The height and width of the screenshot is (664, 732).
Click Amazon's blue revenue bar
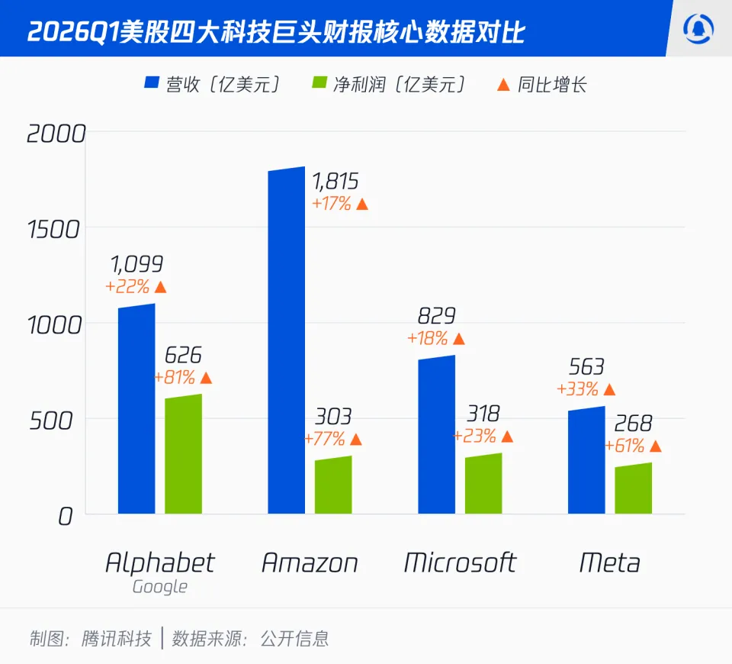click(287, 340)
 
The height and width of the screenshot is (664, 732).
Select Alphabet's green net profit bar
click(184, 455)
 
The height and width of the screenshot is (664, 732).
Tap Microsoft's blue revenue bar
click(437, 435)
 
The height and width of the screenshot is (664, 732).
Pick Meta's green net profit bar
click(634, 488)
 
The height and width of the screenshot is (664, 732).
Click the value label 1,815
click(335, 182)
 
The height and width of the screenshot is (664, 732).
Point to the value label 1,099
click(137, 265)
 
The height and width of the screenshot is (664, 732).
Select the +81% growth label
click(175, 378)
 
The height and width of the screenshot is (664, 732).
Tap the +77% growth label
click(324, 439)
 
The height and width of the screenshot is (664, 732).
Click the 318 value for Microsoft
click(483, 414)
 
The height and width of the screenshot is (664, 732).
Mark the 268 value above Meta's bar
click(632, 424)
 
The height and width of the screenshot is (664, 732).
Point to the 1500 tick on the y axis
click(53, 228)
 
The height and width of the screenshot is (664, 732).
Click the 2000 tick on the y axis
click(56, 134)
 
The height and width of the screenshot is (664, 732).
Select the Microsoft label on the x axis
click(460, 563)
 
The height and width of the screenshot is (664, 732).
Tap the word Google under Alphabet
click(160, 587)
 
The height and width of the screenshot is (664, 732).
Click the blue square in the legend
click(151, 83)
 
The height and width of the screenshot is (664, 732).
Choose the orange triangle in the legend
click(503, 83)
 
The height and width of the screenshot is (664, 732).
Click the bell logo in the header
click(698, 29)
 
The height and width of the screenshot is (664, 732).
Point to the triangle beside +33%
click(609, 389)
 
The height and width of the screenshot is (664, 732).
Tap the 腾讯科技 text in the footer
click(116, 638)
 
